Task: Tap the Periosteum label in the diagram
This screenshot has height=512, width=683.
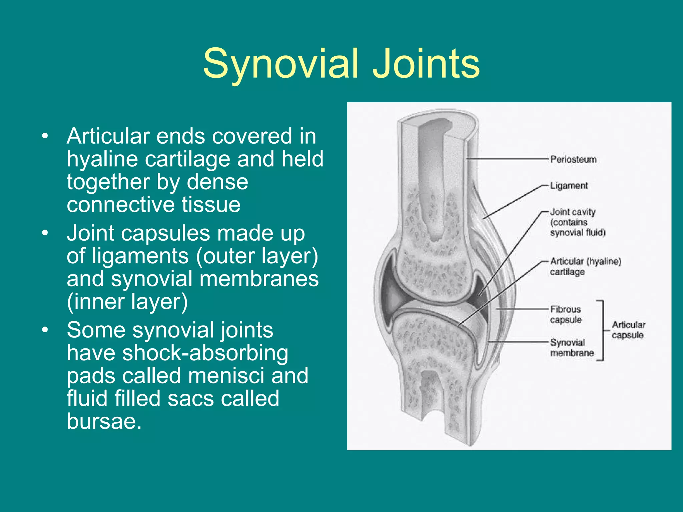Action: [x=573, y=159]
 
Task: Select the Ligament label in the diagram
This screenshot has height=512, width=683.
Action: [x=569, y=186]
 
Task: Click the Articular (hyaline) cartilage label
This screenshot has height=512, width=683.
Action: [x=585, y=266]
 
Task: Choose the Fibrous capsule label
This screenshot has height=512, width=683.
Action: [x=566, y=314]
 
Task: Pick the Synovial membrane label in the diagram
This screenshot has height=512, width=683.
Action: [x=572, y=347]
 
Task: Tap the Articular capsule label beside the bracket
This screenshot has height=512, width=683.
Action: [x=628, y=330]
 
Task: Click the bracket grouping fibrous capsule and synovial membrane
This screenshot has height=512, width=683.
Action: [x=602, y=330]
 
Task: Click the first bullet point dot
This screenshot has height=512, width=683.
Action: [x=45, y=136]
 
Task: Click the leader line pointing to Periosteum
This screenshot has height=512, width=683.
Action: [x=507, y=159]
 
